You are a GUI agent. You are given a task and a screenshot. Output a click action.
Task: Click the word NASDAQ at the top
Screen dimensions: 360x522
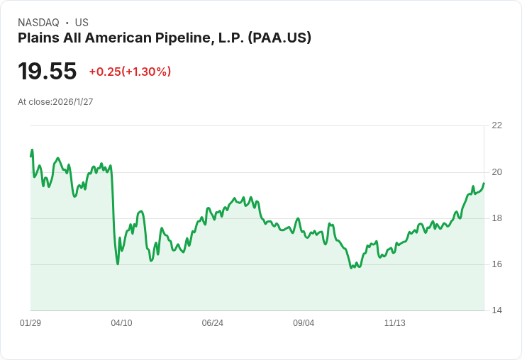[x=38, y=23]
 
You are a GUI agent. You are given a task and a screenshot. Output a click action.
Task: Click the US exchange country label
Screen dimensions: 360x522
[x=82, y=23]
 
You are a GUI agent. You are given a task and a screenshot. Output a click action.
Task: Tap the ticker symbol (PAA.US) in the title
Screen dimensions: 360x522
[x=279, y=38]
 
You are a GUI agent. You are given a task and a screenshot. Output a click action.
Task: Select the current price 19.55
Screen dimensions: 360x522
[x=47, y=72]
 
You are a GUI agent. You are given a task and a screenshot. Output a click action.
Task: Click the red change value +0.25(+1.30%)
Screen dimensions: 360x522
[x=130, y=72]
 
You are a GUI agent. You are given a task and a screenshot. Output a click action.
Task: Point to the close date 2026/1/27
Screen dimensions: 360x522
[x=73, y=102]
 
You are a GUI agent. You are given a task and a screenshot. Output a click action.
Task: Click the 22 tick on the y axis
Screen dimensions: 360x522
[x=496, y=125]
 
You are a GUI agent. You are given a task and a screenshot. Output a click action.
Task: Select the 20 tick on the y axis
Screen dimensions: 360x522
[x=496, y=172]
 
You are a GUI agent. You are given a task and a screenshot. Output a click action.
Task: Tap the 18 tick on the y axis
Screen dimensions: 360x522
[x=496, y=218]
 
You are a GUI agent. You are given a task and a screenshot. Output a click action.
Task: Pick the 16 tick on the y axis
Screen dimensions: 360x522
[x=496, y=264]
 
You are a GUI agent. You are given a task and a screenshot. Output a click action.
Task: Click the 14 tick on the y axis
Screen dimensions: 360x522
[x=496, y=310]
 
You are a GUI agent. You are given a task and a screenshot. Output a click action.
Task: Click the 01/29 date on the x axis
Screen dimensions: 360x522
[x=30, y=323]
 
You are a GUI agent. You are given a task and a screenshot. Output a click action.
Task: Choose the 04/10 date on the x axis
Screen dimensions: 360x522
[x=121, y=323]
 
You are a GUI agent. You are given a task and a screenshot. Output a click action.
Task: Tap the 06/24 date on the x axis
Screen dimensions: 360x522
[x=212, y=323]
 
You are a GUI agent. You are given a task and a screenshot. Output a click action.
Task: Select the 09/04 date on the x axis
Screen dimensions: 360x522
[x=304, y=323]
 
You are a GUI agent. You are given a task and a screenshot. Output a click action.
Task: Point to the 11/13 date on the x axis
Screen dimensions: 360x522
[x=394, y=323]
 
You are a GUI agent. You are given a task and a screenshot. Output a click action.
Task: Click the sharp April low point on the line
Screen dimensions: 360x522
[x=118, y=264]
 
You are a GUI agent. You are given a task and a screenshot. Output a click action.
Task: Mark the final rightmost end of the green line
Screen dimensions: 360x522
[x=484, y=184]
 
